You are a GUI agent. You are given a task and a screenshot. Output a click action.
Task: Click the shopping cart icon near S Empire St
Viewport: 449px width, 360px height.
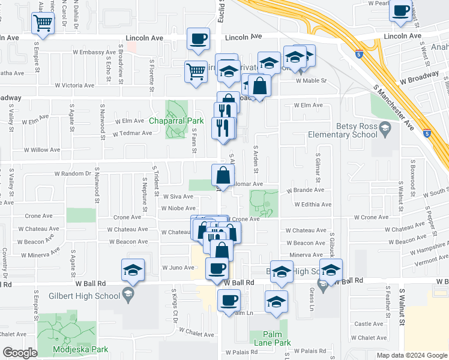tap(43, 23)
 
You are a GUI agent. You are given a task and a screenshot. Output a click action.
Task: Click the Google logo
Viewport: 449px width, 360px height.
tap(20, 353)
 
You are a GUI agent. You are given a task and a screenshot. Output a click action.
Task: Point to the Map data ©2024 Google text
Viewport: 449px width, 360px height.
tap(411, 355)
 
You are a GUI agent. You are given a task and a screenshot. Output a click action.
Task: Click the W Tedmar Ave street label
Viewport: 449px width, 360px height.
tap(132, 133)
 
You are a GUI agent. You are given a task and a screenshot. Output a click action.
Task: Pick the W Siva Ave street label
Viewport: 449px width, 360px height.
tap(178, 196)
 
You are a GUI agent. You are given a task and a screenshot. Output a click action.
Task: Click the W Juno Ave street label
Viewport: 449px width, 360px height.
tap(176, 268)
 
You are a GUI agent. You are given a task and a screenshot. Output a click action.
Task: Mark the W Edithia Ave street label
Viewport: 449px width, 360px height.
tap(313, 205)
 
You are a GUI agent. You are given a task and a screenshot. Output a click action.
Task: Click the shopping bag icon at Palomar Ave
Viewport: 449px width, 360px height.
tap(222, 176)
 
